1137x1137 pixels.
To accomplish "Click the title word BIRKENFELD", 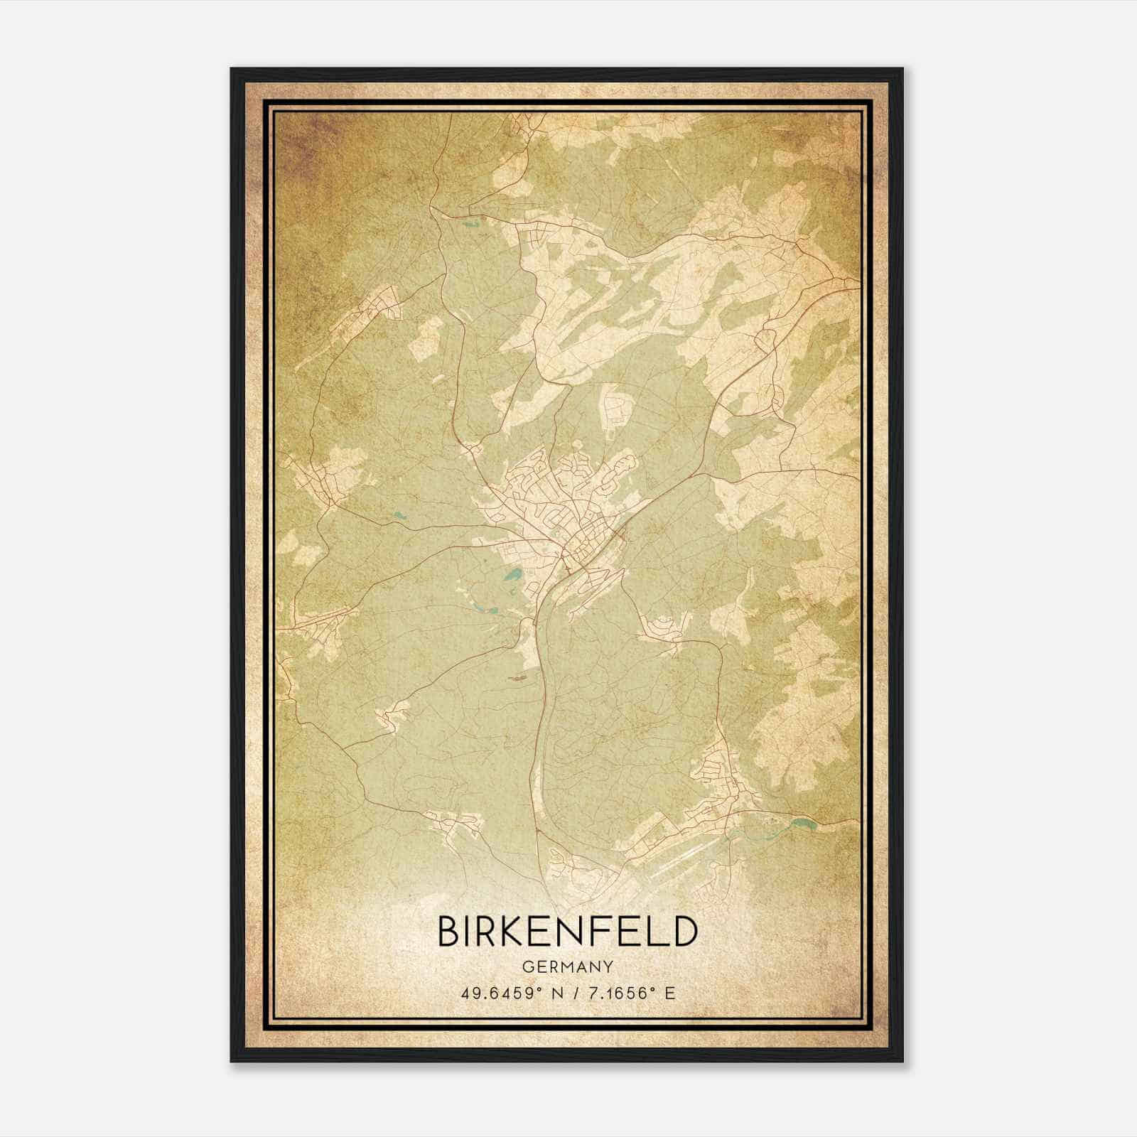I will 567,932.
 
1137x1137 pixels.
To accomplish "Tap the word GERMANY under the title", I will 567,966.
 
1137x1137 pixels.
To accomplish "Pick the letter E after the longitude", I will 669,993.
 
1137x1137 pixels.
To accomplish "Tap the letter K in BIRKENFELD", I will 513,932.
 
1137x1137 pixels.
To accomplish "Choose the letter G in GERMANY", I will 527,966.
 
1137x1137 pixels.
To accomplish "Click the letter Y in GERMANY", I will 608,966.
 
